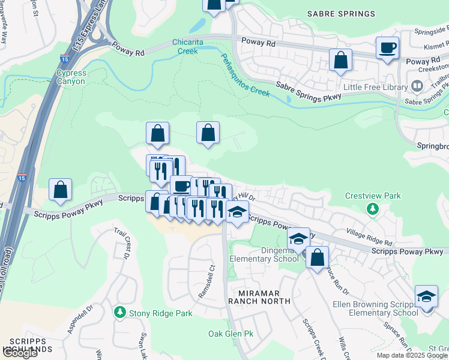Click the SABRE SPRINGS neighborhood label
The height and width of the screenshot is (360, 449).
click(x=341, y=13)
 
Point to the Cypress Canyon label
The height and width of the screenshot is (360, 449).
click(x=71, y=77)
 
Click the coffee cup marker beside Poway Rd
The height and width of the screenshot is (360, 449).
click(x=387, y=47)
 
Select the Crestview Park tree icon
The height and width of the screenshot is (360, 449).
click(x=373, y=208)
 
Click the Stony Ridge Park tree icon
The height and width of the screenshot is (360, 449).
click(x=120, y=313)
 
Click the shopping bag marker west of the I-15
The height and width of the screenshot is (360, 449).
click(x=61, y=190)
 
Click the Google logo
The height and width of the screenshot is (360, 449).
click(x=20, y=353)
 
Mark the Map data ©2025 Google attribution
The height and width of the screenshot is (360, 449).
click(x=411, y=355)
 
